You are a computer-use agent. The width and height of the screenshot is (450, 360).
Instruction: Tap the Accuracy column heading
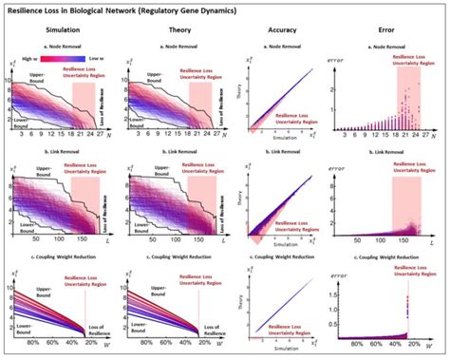click(276, 28)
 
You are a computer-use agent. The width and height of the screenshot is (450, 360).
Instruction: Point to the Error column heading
click(384, 28)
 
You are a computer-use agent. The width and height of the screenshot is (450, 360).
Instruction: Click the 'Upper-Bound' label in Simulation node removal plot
click(38, 73)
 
